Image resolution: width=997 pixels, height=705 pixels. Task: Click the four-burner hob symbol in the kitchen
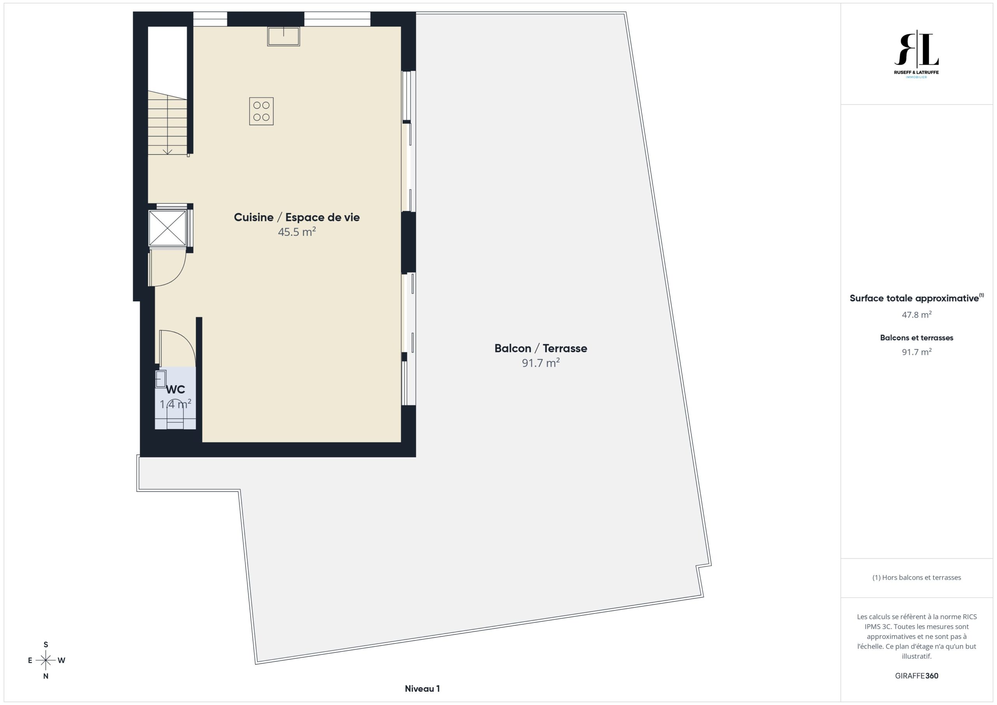pos(261,111)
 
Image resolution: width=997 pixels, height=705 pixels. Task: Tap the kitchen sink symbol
pos(283,37)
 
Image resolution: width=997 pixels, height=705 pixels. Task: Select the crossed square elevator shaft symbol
pos(167,228)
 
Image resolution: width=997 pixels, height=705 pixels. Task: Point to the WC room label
pos(175,389)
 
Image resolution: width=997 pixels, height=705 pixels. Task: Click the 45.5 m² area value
pos(297,232)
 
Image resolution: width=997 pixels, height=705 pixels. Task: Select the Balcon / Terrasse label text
pos(541,348)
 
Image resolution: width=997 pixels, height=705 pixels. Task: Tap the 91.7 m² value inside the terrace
pos(541,362)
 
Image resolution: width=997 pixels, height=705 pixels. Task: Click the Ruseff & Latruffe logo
pos(916,54)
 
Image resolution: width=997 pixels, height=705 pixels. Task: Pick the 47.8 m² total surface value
pos(917,314)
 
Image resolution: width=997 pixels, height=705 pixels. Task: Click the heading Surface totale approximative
pos(914,298)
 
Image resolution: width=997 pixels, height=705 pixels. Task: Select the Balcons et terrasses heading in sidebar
pos(917,338)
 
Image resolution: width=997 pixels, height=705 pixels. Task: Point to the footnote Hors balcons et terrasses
pos(917,577)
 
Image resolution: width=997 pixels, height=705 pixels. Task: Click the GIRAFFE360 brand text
pos(917,675)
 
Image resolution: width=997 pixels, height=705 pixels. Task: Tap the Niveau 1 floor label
pos(422,689)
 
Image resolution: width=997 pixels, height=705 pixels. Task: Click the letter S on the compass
pos(46,645)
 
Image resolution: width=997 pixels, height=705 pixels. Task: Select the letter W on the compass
pos(62,660)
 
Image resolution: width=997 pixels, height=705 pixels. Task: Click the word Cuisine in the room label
pos(254,217)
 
